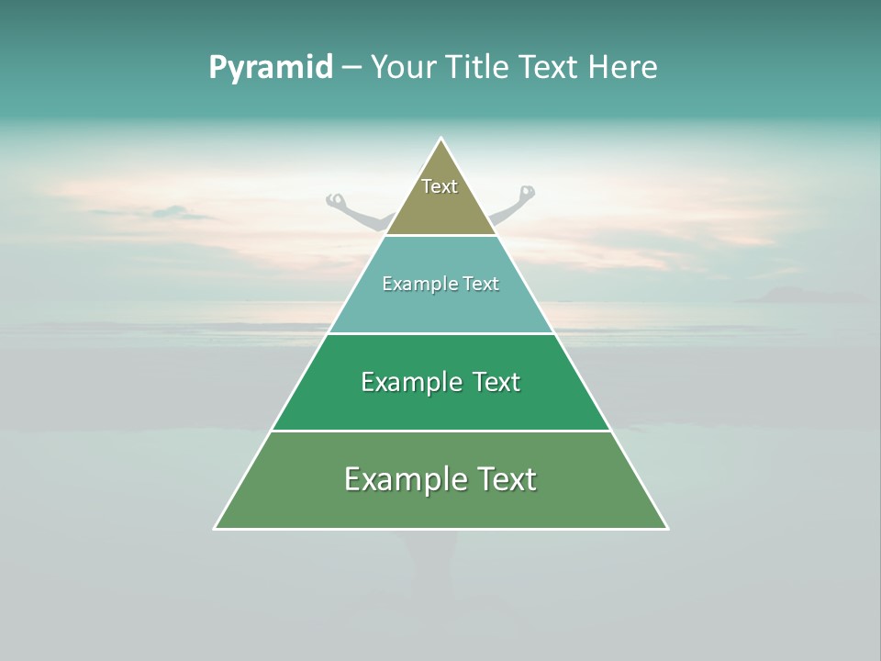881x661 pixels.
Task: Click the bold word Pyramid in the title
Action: (x=270, y=68)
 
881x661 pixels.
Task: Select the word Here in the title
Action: (x=622, y=67)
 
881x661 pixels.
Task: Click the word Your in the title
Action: (x=404, y=67)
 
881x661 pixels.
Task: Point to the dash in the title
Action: (x=351, y=68)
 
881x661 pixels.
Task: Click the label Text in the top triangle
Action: (x=440, y=186)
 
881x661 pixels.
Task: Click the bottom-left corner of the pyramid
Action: (x=216, y=528)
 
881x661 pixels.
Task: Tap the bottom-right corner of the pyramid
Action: (x=666, y=528)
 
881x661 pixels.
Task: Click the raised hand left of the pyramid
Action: (x=336, y=199)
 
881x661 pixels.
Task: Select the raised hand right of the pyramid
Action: (x=526, y=193)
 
